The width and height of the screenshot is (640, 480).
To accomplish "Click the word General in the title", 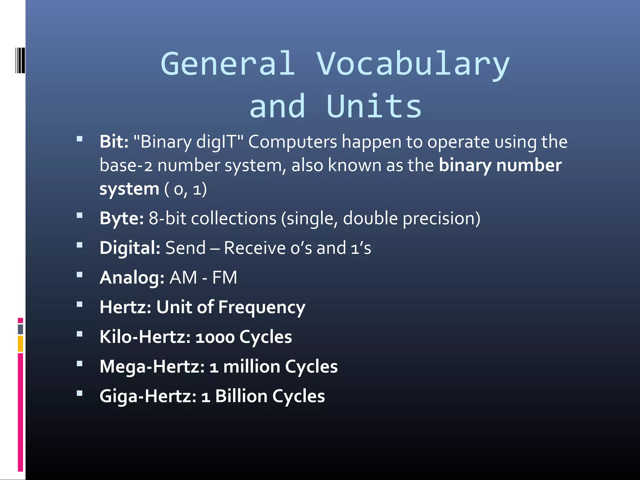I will (x=228, y=64).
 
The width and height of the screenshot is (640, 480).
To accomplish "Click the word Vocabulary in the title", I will (x=413, y=64).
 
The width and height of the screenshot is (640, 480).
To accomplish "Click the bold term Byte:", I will (x=122, y=218).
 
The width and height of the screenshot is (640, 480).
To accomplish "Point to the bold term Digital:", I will (x=130, y=248).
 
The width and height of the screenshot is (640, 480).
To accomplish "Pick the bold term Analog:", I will (x=132, y=277).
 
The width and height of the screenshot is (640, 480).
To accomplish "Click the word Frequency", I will (x=262, y=307).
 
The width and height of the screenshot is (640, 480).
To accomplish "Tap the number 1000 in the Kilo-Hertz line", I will (x=215, y=337).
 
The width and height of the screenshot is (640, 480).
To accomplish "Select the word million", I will (x=252, y=367).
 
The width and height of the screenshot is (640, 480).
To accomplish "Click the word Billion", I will (x=241, y=396).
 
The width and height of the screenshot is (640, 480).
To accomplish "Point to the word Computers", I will (x=292, y=142).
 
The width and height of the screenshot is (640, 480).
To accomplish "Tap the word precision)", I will (x=441, y=218).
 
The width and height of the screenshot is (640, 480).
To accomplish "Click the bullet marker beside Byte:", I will (x=80, y=215).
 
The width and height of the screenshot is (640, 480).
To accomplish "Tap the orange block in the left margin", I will (x=20, y=343).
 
